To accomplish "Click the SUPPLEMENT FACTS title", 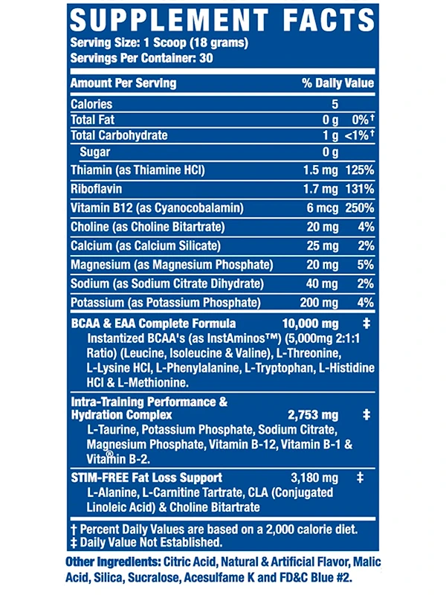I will (222, 20).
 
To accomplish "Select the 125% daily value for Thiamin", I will (359, 170).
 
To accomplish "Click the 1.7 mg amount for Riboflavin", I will (321, 190).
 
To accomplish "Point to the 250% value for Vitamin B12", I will (359, 208).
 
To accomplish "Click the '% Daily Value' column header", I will (337, 83).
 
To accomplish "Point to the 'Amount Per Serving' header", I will (123, 83).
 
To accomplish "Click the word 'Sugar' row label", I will (94, 152).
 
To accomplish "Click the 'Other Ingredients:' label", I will (112, 562).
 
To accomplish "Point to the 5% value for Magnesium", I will (365, 265).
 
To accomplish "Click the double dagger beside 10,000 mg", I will (365, 324).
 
